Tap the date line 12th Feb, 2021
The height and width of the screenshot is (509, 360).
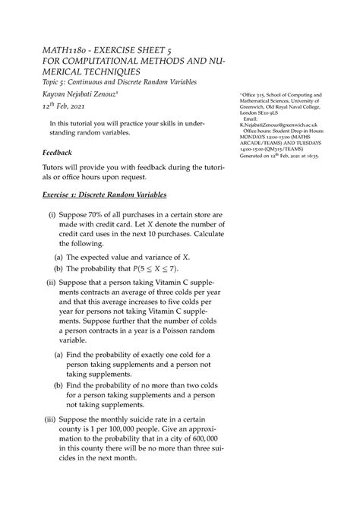57,107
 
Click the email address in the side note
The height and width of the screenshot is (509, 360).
286,127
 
